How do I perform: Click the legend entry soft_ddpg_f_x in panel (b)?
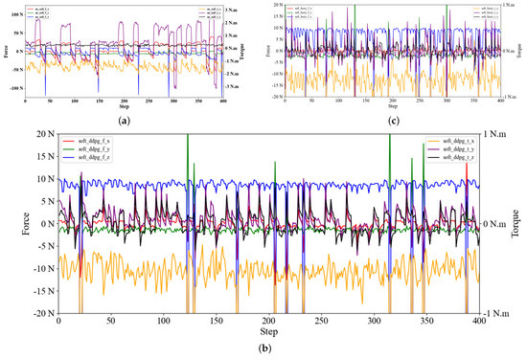(94, 140)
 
